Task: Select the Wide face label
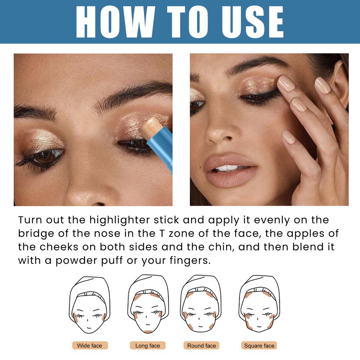(x=90, y=346)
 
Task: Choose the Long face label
(x=148, y=346)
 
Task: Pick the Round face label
(x=201, y=346)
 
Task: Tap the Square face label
(x=259, y=346)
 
